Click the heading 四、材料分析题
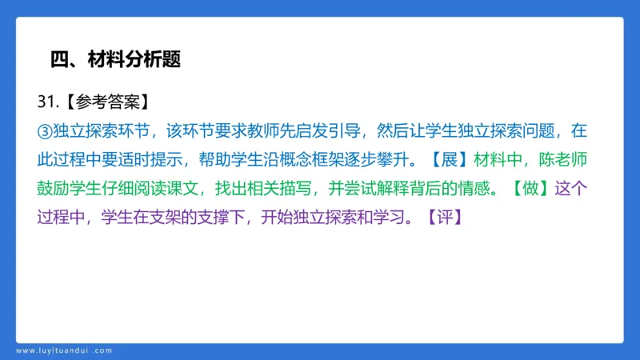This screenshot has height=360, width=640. tap(115, 58)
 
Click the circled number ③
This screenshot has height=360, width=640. tap(45, 130)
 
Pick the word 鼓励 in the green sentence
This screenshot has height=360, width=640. tap(54, 188)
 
